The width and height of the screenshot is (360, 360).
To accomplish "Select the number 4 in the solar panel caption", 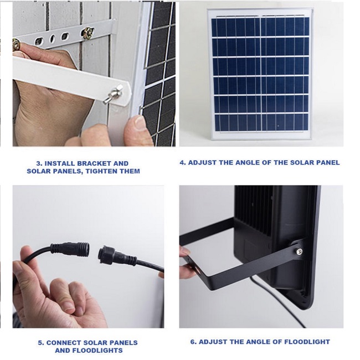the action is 183,162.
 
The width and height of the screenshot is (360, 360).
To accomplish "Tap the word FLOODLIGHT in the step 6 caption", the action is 307,342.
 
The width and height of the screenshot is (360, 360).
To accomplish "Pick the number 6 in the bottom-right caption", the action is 193,342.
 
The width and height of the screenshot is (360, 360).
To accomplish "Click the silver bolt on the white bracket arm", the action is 113,94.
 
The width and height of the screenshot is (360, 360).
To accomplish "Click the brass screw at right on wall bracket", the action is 88,33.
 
